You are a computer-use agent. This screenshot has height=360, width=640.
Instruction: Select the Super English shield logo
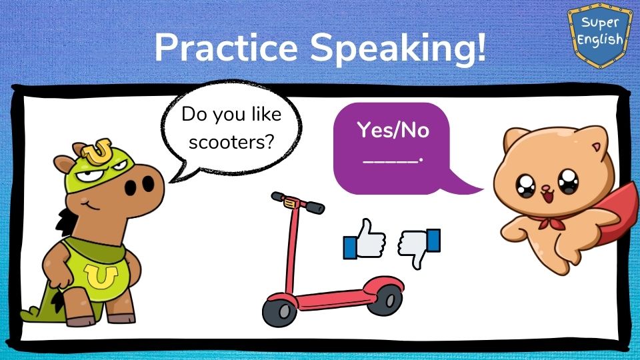pyautogui.click(x=599, y=34)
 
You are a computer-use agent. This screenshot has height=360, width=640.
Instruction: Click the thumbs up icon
pyautogui.click(x=365, y=239)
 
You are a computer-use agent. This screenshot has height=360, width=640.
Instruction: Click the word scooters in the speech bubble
pyautogui.click(x=231, y=143)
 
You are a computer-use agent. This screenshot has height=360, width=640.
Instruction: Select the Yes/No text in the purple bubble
pyautogui.click(x=393, y=130)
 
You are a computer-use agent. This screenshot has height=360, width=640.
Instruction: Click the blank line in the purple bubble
pyautogui.click(x=391, y=162)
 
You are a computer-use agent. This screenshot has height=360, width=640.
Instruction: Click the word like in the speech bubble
pyautogui.click(x=266, y=114)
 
